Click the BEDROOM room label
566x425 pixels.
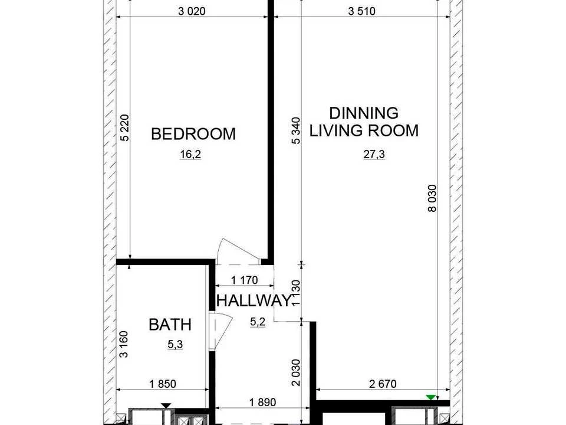193,134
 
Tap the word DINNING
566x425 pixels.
364,113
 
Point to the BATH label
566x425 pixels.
170,325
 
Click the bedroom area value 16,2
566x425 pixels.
190,155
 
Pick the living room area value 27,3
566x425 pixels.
374,155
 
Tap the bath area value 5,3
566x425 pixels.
175,345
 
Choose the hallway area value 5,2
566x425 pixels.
258,322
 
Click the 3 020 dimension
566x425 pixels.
192,11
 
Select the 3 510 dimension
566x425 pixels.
361,11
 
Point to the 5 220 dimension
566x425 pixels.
124,127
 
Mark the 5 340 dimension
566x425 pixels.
296,130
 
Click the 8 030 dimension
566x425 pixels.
432,198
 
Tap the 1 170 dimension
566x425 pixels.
244,280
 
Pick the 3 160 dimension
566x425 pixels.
124,344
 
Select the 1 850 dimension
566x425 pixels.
163,384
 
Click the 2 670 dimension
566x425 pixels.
383,384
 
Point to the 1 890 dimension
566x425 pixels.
262,402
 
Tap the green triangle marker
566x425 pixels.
430,397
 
